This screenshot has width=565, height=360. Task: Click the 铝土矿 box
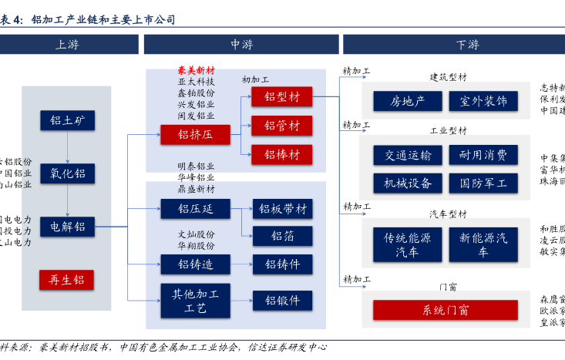coord(66,120)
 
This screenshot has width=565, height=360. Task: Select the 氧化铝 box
coord(66,173)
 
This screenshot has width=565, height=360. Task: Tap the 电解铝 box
coord(66,227)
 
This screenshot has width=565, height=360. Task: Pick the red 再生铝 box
coord(66,279)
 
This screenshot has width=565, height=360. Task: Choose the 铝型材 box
coord(281,97)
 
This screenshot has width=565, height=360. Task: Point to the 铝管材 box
coord(281,126)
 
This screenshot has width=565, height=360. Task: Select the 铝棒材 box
coord(281,154)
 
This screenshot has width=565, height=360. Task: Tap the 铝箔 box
coord(281,236)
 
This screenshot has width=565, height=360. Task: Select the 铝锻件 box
coord(281,300)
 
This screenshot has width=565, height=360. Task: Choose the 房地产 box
coord(406,102)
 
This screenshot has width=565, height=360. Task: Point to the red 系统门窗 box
coord(446,311)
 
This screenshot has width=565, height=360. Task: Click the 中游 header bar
coord(241,45)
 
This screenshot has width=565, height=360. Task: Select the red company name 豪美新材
coord(196,69)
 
